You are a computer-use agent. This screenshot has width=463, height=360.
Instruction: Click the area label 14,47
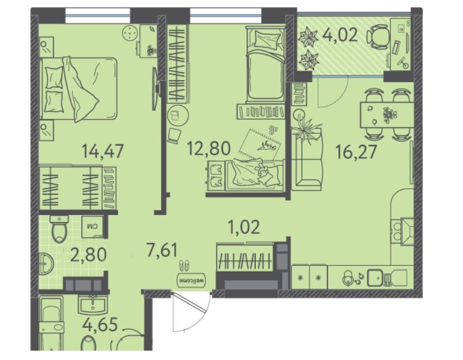point(103,151)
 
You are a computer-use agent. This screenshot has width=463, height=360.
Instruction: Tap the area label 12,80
point(209,148)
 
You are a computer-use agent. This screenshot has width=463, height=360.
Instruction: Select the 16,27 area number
point(356,152)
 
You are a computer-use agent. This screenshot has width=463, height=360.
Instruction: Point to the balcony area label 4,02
point(340,34)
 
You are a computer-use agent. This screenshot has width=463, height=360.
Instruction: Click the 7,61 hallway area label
point(162,250)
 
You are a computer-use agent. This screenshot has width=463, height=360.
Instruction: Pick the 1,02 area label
point(244,227)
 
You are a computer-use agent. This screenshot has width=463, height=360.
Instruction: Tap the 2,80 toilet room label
point(88,255)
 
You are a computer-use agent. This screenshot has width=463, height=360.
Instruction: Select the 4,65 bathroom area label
point(100,324)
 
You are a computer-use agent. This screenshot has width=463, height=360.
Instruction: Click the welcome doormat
point(192,280)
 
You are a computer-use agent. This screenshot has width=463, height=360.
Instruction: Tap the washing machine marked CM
point(92,227)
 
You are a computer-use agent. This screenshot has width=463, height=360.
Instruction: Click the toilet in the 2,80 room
point(60,229)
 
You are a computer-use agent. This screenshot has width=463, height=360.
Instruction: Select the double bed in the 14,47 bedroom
point(78,89)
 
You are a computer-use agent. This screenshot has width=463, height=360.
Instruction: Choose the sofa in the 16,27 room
point(307,158)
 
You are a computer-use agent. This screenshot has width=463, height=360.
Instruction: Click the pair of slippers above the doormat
point(184,265)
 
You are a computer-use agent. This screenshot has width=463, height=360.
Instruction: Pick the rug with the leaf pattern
point(259,143)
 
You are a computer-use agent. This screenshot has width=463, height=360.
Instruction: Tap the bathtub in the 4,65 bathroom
point(51,323)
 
